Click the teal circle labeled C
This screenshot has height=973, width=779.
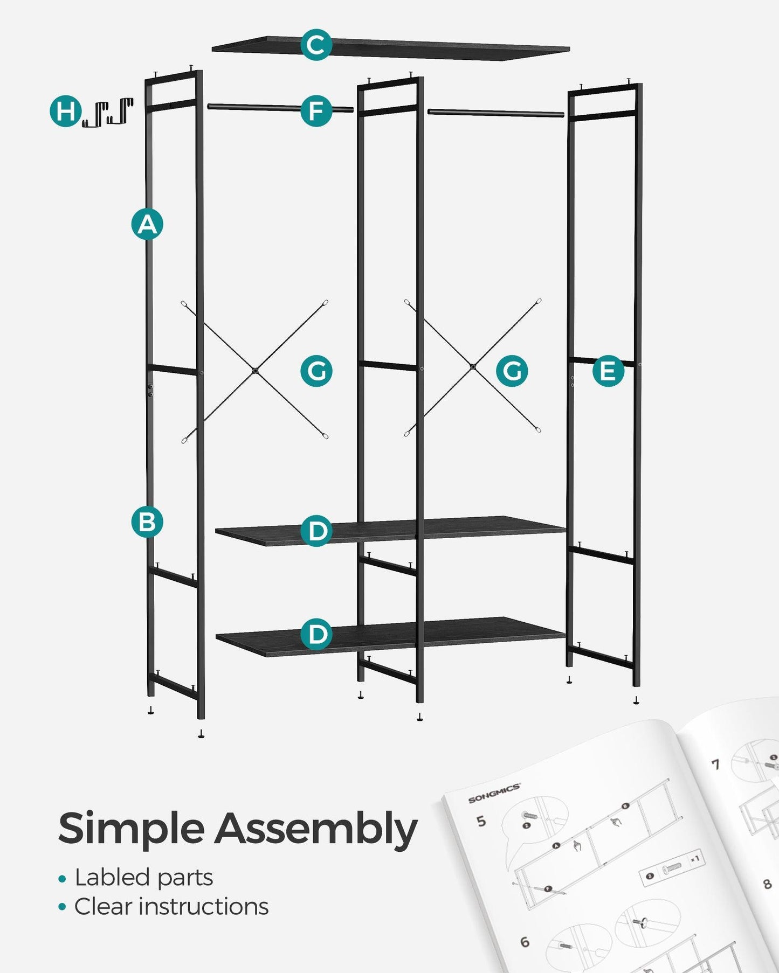(316, 45)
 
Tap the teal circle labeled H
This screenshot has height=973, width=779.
(65, 112)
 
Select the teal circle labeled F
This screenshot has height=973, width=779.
(316, 111)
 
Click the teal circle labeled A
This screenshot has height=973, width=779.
(147, 224)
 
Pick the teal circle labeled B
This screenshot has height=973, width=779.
(147, 522)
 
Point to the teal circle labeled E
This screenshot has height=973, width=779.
(608, 371)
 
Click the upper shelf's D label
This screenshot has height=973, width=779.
(316, 531)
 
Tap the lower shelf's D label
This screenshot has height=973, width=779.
(316, 634)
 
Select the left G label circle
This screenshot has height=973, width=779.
(316, 371)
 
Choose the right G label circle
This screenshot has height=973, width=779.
(512, 371)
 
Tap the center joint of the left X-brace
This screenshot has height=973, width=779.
(255, 371)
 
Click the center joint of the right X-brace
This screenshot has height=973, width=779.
(473, 366)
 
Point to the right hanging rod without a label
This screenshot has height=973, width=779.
(496, 113)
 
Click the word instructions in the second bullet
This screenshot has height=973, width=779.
(203, 907)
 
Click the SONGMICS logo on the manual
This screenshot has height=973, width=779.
(494, 794)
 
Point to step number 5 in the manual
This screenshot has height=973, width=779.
(481, 822)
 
